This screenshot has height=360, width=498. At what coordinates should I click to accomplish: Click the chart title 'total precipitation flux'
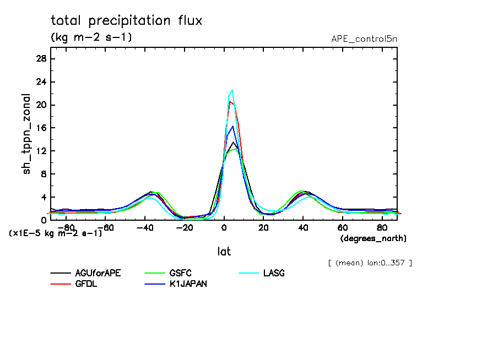tap(126, 21)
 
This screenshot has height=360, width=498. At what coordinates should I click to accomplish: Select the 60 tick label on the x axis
tap(342, 227)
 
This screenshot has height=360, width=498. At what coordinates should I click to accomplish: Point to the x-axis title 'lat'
tap(224, 252)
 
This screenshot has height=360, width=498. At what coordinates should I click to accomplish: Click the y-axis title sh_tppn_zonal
tap(26, 134)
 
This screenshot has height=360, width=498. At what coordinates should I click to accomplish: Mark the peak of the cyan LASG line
tap(232, 90)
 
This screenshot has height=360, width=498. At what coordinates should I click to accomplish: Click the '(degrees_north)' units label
tap(373, 238)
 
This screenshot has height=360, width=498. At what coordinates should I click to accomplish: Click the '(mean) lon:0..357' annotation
tap(370, 263)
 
